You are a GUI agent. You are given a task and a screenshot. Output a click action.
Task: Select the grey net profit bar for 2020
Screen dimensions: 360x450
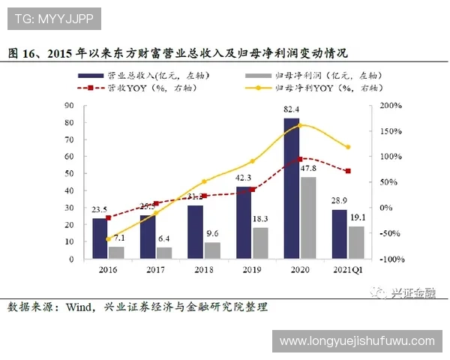click(307, 218)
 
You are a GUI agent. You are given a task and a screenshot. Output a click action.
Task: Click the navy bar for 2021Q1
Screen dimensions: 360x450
click(339, 234)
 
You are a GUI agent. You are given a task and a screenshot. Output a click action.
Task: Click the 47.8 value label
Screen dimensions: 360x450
click(307, 169)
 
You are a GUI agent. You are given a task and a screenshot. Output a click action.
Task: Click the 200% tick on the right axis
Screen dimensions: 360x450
click(391, 105)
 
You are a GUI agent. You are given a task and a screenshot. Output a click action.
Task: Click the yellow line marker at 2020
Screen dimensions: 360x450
click(300, 125)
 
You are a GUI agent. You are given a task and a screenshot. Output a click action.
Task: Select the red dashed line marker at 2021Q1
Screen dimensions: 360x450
click(347, 171)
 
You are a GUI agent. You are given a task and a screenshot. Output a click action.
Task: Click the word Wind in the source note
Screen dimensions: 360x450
click(78, 307)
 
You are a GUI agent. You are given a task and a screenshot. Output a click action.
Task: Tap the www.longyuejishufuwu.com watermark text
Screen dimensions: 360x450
click(356, 341)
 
